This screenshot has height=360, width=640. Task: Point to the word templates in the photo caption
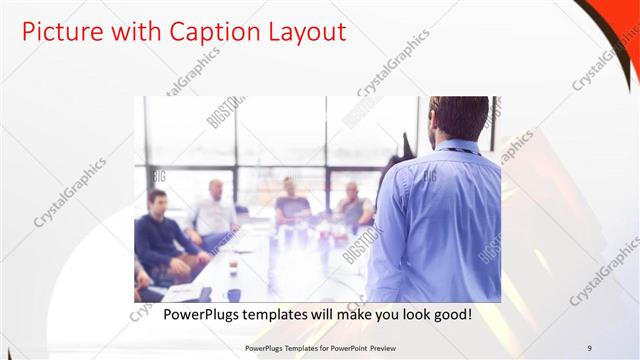pos(290,315)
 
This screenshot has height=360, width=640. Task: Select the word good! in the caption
pos(451,315)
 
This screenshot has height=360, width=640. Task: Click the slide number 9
pos(590,348)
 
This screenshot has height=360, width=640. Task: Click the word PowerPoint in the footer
pos(343,348)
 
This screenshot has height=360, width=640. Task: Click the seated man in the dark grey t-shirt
pos(291,205)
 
